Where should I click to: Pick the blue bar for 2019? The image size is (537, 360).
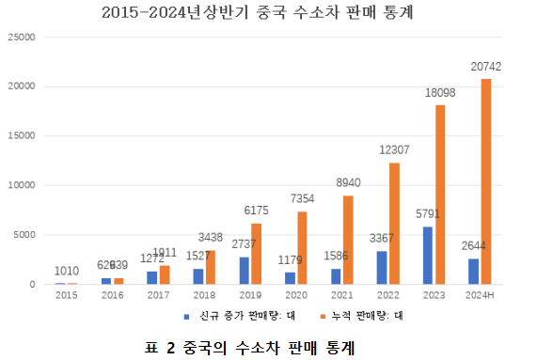click(x=245, y=270)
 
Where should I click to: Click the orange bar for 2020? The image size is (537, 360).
click(x=302, y=247)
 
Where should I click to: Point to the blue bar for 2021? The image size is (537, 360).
click(x=337, y=275)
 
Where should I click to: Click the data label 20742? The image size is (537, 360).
click(x=486, y=67)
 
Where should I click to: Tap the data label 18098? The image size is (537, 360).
click(x=440, y=94)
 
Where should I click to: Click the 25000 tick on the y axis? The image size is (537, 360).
click(x=20, y=37)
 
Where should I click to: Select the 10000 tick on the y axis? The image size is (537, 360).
click(x=20, y=185)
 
